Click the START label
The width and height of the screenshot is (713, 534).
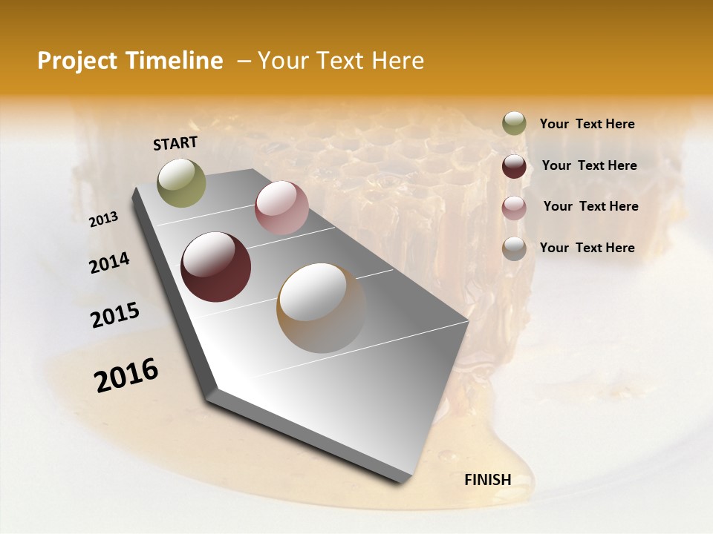click(x=175, y=143)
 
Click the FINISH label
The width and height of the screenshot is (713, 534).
click(x=488, y=479)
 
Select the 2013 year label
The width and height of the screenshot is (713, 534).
click(x=103, y=220)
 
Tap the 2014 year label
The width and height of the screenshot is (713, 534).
click(x=109, y=263)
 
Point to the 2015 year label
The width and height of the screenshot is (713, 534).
click(x=115, y=315)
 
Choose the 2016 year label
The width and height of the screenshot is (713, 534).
click(x=126, y=375)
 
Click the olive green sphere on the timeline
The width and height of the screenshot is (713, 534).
click(x=181, y=182)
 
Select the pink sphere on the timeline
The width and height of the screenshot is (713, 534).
click(x=281, y=208)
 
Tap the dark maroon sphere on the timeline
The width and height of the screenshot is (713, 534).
click(x=215, y=267)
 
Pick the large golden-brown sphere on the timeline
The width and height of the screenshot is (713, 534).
click(x=322, y=308)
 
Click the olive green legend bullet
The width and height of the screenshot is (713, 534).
click(x=514, y=124)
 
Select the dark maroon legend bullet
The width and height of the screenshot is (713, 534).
click(x=514, y=165)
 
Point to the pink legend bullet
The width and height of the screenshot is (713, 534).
click(x=514, y=207)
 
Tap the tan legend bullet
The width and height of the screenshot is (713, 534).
click(x=514, y=248)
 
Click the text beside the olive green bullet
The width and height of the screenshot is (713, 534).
click(x=587, y=124)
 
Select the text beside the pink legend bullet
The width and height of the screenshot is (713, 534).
click(x=590, y=206)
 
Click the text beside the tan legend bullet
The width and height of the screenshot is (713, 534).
click(x=587, y=248)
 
